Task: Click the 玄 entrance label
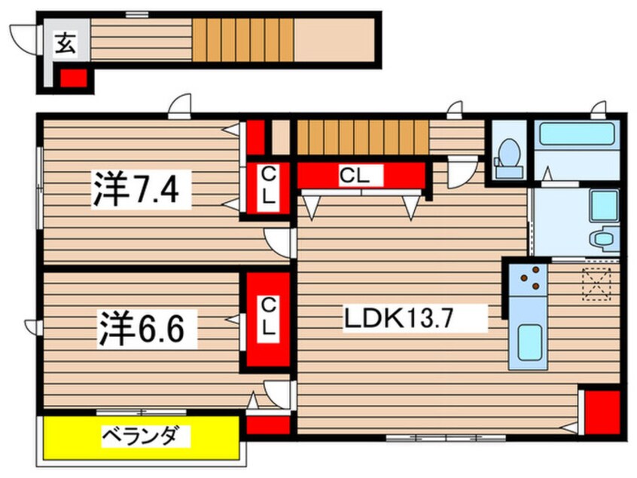(66, 45)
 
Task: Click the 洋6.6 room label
(140, 329)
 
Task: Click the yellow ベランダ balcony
(142, 437)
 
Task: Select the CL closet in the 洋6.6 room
(266, 319)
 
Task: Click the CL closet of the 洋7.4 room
(266, 189)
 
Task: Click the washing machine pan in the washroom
(603, 204)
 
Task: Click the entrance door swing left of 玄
(22, 38)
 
